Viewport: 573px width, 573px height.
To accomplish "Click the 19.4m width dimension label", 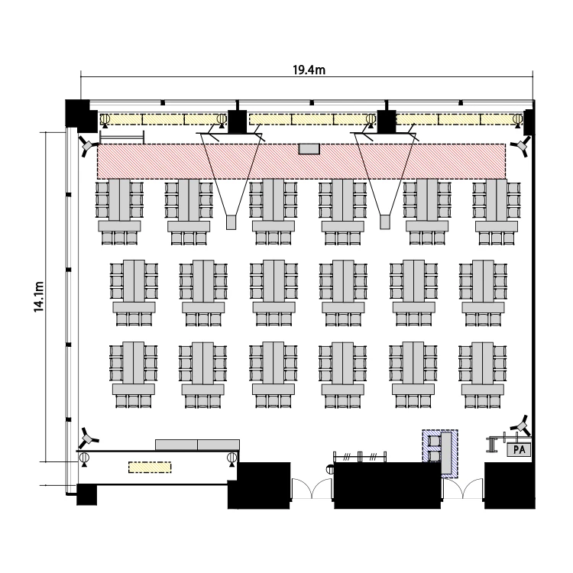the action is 309,70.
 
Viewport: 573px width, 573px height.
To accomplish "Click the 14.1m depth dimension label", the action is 39,296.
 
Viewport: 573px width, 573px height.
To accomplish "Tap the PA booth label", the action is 519,449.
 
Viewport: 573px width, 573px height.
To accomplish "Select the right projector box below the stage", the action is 385,222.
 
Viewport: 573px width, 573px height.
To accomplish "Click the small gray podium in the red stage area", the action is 309,149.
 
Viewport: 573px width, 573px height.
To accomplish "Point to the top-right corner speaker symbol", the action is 520,146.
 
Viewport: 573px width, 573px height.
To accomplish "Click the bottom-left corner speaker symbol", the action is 88,437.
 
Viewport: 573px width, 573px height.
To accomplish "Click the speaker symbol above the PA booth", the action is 521,426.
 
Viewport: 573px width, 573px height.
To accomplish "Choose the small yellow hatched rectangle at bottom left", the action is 150,468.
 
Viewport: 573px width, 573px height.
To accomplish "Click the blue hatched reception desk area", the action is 440,454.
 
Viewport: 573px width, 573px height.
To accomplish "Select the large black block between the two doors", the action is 387,485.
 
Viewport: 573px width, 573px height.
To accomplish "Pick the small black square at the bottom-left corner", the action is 86,495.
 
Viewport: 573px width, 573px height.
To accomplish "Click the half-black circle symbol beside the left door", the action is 331,469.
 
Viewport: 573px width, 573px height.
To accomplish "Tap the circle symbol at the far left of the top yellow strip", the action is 105,118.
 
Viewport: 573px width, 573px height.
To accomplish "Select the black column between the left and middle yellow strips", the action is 238,121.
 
